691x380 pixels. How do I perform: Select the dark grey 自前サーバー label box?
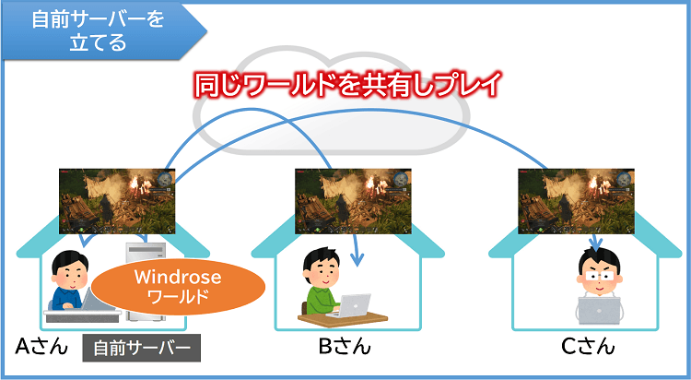[142, 349]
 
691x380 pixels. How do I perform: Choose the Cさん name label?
[588, 348]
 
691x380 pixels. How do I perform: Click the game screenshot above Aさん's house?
[117, 200]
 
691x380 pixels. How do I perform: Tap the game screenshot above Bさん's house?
[353, 200]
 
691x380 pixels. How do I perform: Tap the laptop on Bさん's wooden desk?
[355, 304]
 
